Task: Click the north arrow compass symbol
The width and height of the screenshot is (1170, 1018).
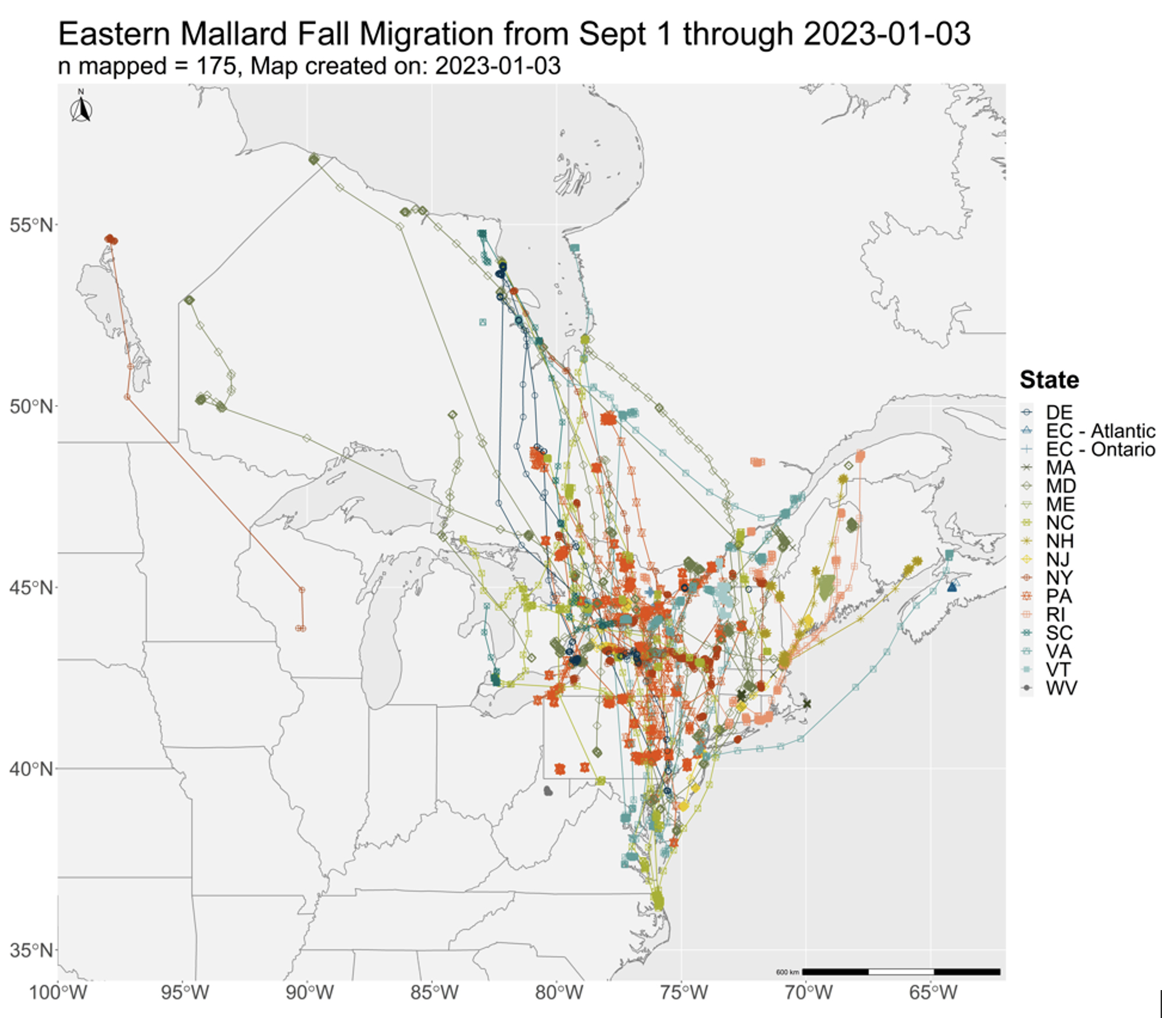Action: [81, 108]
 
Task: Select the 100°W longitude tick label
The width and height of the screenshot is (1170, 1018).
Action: [58, 992]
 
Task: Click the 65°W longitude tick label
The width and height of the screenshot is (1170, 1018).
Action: [933, 992]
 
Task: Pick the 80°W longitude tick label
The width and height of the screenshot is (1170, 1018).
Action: [559, 992]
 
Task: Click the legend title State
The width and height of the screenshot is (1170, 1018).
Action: [1049, 380]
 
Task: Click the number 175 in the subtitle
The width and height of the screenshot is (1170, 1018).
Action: [217, 66]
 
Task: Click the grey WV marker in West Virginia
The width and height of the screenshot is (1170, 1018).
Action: [548, 791]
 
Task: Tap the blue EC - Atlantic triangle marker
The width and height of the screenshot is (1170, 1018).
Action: [952, 587]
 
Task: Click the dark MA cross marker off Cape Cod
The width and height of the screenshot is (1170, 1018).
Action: [807, 704]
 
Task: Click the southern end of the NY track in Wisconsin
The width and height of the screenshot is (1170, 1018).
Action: [301, 628]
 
